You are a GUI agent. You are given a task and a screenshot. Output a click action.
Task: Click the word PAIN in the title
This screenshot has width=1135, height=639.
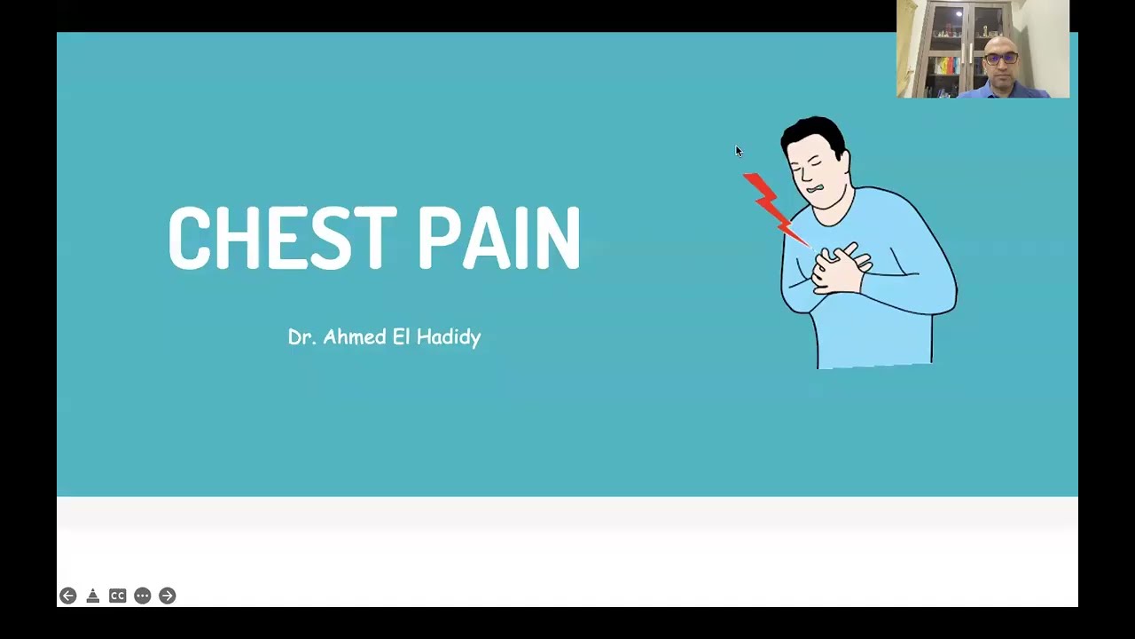pyautogui.click(x=498, y=238)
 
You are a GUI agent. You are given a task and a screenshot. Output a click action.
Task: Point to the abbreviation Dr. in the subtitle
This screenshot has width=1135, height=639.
pyautogui.click(x=301, y=337)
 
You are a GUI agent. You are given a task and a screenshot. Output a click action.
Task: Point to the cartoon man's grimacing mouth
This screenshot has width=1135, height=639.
pyautogui.click(x=814, y=189)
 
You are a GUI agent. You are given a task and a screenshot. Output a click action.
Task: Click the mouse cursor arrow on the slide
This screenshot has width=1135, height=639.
pyautogui.click(x=739, y=152)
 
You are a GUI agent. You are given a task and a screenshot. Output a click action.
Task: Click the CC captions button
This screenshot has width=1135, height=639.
pyautogui.click(x=117, y=596)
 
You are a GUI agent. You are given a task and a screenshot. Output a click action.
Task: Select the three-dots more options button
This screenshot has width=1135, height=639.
pyautogui.click(x=142, y=596)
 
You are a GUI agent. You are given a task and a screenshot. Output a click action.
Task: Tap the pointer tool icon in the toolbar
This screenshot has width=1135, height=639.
pyautogui.click(x=92, y=596)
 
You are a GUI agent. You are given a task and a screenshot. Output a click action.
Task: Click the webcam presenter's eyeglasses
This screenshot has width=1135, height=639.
pyautogui.click(x=1002, y=59)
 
